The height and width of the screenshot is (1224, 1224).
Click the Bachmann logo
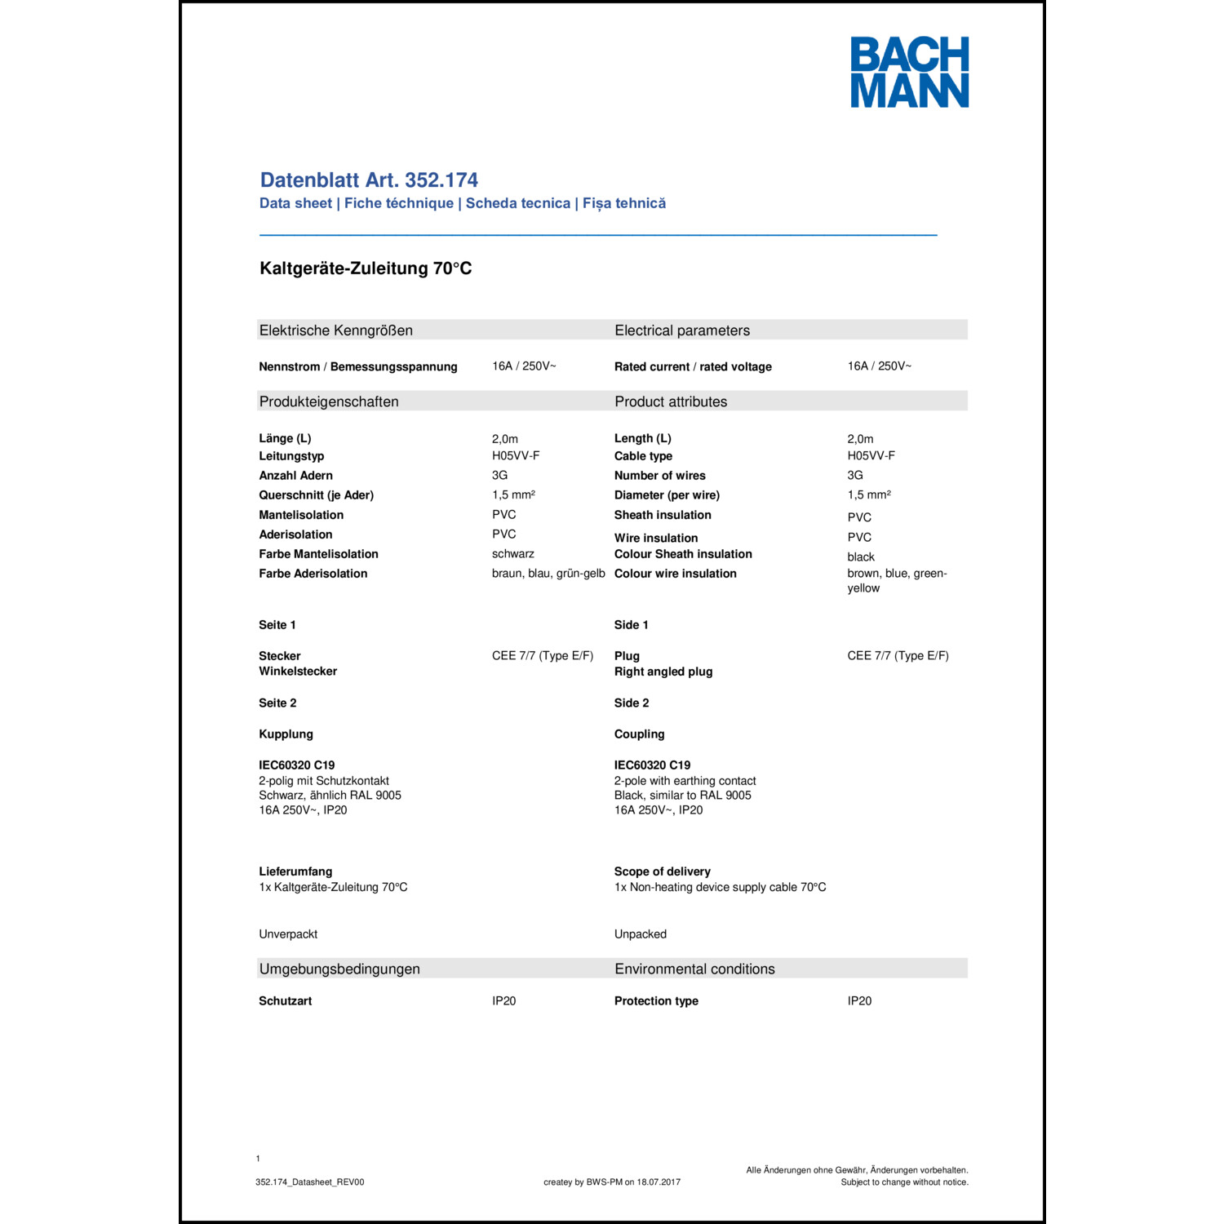click(x=909, y=72)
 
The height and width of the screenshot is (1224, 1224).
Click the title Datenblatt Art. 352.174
click(x=369, y=180)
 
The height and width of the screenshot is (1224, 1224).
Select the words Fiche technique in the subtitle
click(x=398, y=203)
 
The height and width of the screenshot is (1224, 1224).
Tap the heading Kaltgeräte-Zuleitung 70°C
click(x=366, y=268)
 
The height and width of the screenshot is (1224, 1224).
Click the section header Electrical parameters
click(x=682, y=330)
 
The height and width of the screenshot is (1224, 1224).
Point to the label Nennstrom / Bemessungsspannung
click(x=358, y=367)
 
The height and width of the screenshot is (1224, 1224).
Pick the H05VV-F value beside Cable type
click(x=871, y=456)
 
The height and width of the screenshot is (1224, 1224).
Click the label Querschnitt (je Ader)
click(x=316, y=495)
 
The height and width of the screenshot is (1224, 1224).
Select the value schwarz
click(x=512, y=554)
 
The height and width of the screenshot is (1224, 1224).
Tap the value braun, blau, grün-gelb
click(x=548, y=574)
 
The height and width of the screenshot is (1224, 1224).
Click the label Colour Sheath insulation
click(x=683, y=554)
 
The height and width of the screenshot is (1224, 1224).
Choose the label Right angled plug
click(x=663, y=672)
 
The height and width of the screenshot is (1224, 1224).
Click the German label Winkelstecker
click(x=298, y=672)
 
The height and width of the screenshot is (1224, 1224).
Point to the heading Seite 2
click(x=277, y=703)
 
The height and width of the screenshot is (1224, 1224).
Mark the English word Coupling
click(x=639, y=734)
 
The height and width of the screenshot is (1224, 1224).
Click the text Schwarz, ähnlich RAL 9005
click(x=330, y=796)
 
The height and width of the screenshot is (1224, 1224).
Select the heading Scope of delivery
click(x=662, y=871)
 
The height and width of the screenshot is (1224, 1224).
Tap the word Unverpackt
click(x=288, y=934)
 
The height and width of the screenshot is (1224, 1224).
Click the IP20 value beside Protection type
click(x=859, y=1001)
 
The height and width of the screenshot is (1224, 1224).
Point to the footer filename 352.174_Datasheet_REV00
click(x=309, y=1182)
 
